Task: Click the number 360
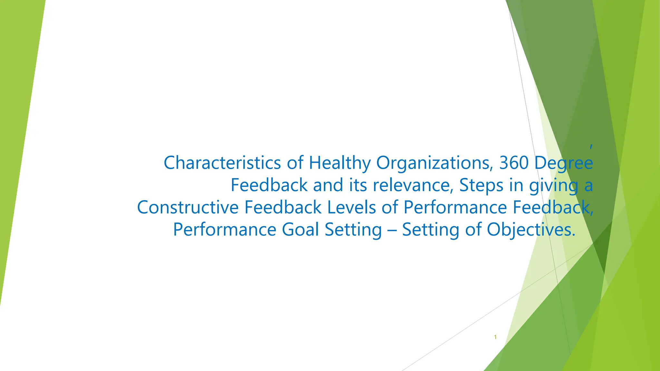(x=514, y=163)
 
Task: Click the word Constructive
(x=188, y=207)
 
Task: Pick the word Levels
(x=351, y=207)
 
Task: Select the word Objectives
(x=531, y=230)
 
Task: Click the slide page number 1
(x=495, y=337)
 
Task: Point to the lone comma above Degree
(x=591, y=147)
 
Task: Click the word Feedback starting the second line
(x=269, y=185)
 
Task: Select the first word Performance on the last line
(x=225, y=230)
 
